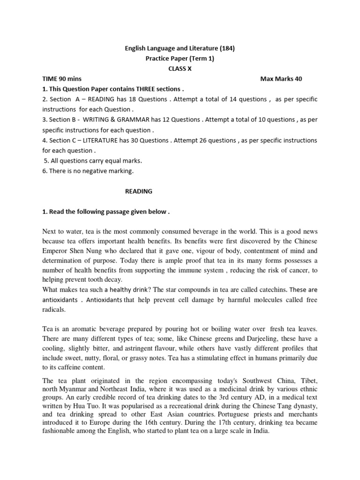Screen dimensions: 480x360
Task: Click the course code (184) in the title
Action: coord(226,48)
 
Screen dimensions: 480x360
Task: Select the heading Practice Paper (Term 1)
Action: coord(180,58)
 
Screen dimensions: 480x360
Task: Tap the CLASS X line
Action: coord(180,68)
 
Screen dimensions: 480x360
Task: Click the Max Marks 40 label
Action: coord(281,79)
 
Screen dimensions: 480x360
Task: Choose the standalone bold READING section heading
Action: coord(138,192)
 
